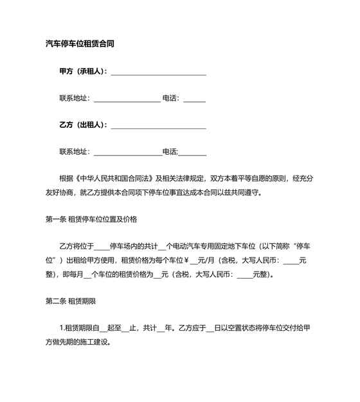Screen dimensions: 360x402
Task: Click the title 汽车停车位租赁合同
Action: tap(80, 44)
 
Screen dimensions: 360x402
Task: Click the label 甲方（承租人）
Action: tap(83, 71)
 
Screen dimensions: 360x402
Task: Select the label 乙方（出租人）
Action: tap(83, 125)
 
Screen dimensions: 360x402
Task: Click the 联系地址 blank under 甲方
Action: tap(127, 100)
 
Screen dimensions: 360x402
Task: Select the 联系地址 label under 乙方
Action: tap(75, 152)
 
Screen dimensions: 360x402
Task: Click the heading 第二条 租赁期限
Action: tap(71, 300)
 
